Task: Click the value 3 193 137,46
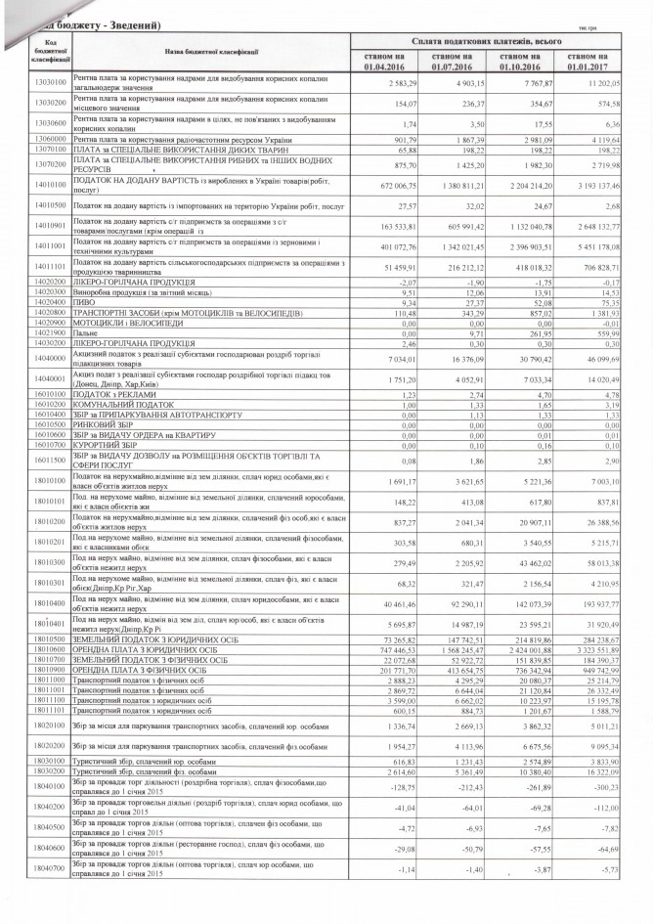[x=596, y=184]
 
